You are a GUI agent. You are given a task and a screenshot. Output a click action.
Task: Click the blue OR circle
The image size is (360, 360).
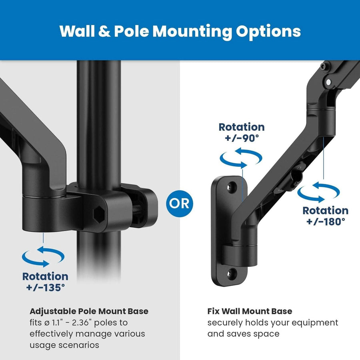[x=180, y=203]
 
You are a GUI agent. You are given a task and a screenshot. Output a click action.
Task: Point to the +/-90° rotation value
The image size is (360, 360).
[x=241, y=138]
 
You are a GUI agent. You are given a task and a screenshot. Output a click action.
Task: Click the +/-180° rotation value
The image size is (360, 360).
[x=325, y=221]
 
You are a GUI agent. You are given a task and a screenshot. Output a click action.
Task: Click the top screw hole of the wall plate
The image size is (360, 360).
[x=231, y=187]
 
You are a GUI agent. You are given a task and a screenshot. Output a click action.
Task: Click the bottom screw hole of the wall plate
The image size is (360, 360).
[x=231, y=274]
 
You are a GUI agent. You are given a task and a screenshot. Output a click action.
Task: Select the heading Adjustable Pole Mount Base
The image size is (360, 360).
[x=89, y=311]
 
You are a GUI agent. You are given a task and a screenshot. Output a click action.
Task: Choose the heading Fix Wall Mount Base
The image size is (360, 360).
[x=250, y=311]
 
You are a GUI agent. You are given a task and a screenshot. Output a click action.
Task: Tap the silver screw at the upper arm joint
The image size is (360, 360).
[x=329, y=82]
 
